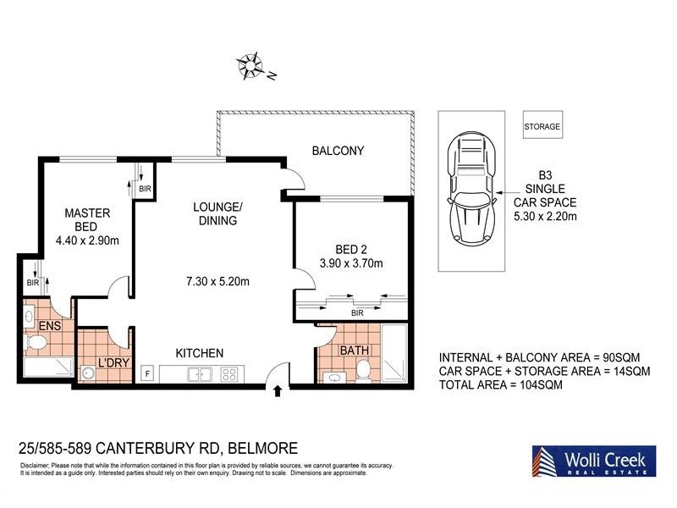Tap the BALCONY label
click(338, 152)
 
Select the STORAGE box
click(542, 126)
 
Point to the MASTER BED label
click(88, 220)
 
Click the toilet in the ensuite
click(36, 343)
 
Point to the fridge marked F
click(147, 373)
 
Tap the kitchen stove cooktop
click(230, 373)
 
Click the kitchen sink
click(200, 373)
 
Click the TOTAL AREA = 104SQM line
click(500, 384)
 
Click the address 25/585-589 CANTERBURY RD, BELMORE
click(157, 447)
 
